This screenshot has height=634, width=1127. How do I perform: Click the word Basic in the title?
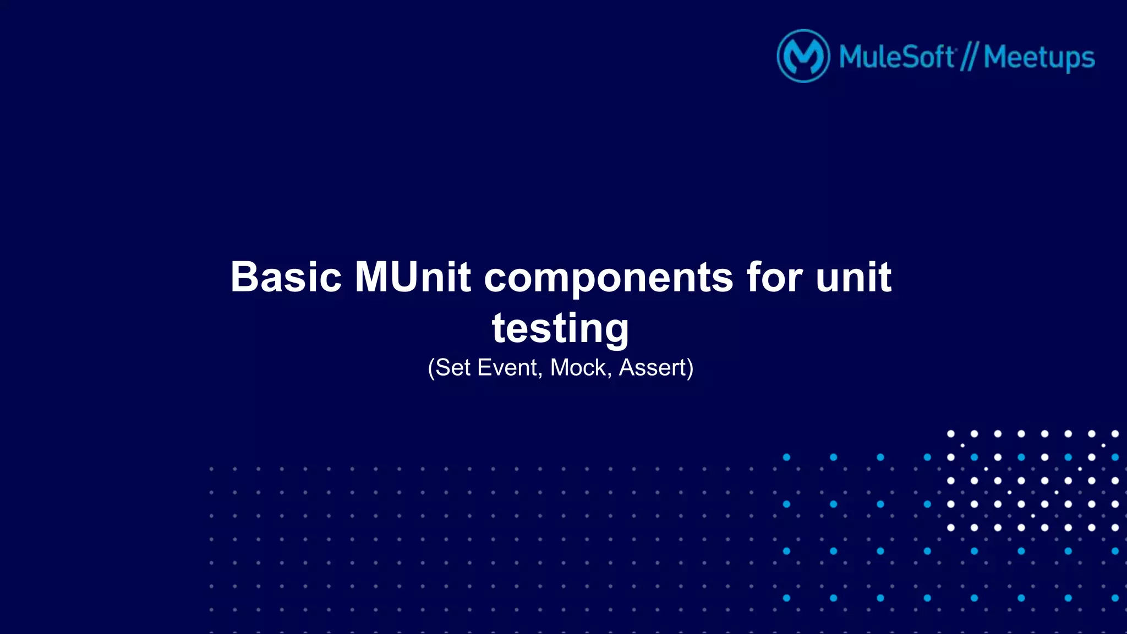(x=286, y=277)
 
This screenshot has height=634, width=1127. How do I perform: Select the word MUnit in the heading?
(x=413, y=277)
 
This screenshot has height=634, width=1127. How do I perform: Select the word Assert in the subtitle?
(x=653, y=367)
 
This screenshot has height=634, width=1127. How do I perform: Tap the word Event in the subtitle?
(x=506, y=367)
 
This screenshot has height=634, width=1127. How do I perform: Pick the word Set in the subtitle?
(x=453, y=367)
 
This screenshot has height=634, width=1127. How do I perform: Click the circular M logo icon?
(x=803, y=56)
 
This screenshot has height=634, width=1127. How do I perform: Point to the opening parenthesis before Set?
(x=431, y=368)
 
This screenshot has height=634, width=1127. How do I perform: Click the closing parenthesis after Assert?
(x=690, y=368)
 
